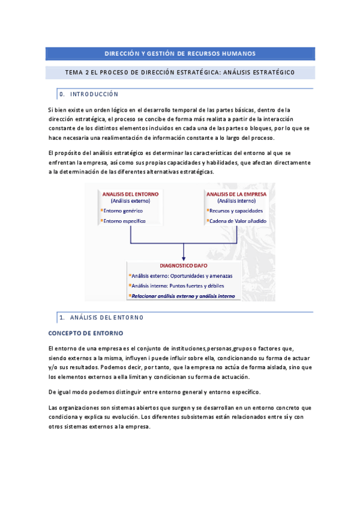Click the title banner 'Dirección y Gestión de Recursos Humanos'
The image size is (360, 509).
pos(180,53)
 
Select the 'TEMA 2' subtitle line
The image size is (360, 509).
pos(180,73)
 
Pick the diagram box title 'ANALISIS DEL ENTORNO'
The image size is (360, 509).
pos(126,194)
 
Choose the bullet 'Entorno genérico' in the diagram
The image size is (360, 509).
pos(124,211)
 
